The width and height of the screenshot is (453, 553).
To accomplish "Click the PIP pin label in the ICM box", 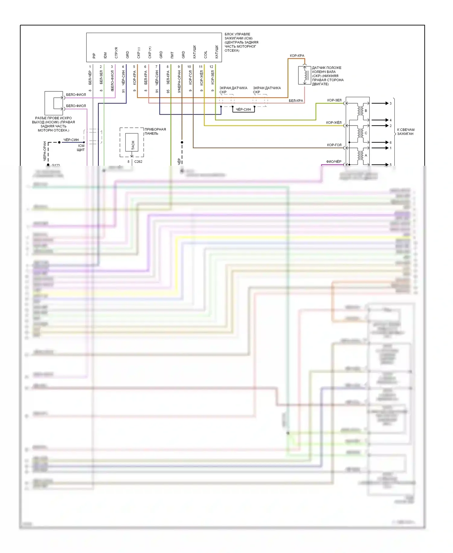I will coord(94,56).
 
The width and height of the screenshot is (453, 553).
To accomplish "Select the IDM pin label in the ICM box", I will coord(105,55).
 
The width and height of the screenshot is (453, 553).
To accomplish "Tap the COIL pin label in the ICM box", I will coord(206,55).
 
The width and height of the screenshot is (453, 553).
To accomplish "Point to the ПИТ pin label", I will coord(172,55).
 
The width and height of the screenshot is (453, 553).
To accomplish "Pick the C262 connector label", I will coord(138,162).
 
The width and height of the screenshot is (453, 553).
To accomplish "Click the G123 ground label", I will coord(56,165).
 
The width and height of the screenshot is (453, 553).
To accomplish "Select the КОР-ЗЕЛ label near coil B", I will coord(334,100).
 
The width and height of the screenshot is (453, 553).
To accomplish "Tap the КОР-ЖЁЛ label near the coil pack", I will coord(334,123).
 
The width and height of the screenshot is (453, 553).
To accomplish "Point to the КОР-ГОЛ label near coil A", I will coord(334,145).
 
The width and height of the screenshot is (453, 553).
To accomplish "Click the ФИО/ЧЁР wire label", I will coord(334,162).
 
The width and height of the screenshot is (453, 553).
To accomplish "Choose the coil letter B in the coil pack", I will coord(366,111).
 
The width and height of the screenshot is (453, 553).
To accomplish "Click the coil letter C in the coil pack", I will coord(366,133).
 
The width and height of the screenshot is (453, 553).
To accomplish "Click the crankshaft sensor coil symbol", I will coord(305,75).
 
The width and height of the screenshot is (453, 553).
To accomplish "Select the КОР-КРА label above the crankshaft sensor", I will coord(297,56).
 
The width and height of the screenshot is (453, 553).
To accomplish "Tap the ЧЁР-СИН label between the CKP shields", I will coord(243,110).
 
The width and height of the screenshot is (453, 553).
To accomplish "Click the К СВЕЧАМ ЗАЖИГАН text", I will coord(406,132).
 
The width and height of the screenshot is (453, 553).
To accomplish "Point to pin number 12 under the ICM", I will coord(211,67).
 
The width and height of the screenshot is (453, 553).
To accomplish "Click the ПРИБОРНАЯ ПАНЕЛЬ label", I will coord(155,131).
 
